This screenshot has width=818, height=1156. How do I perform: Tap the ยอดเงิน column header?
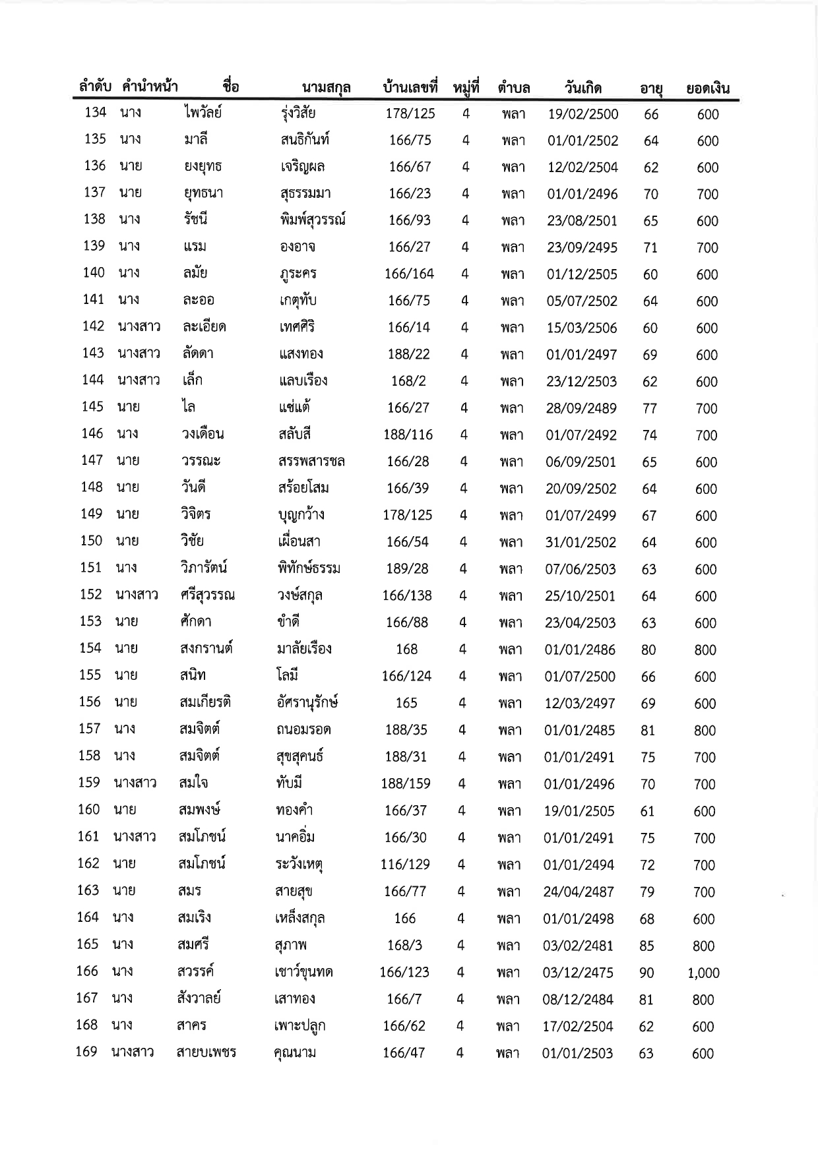click(707, 88)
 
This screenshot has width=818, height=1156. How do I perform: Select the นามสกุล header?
click(326, 88)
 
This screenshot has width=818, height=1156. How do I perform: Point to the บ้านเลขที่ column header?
click(410, 87)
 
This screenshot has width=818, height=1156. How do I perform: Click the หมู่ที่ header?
click(466, 87)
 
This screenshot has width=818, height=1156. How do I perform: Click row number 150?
click(91, 541)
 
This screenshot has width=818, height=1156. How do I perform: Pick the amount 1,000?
click(703, 973)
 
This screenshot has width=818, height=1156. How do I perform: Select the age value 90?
click(646, 973)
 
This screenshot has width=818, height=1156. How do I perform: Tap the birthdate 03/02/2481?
click(578, 946)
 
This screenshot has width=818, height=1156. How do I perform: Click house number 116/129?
click(405, 865)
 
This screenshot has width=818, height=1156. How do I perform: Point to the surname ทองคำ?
click(294, 810)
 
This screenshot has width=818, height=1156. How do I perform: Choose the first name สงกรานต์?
click(205, 648)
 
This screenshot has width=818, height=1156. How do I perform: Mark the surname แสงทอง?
click(301, 354)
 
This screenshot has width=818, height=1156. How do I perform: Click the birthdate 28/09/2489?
click(581, 408)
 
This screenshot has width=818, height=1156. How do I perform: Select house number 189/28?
click(407, 568)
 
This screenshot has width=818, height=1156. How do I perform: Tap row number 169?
click(86, 1052)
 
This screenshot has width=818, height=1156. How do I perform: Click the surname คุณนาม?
click(294, 1052)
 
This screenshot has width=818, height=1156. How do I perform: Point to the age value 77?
click(650, 409)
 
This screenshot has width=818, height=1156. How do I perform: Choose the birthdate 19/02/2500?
click(583, 114)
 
